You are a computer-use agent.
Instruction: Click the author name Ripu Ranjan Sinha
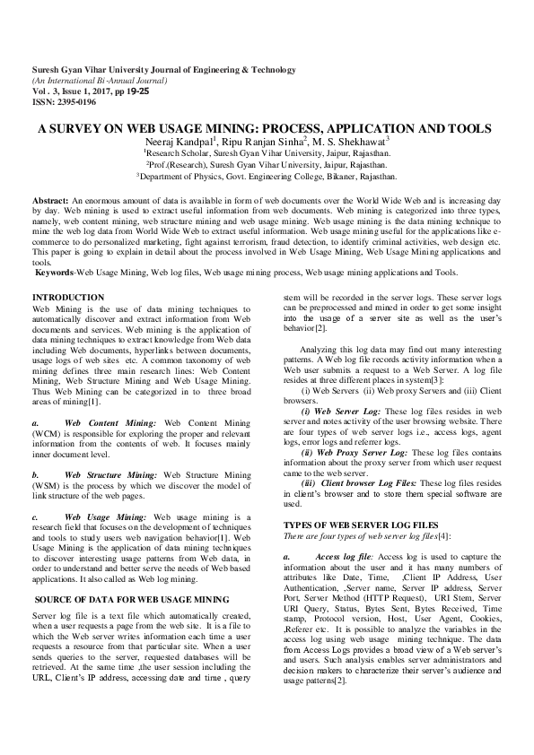coord(267,141)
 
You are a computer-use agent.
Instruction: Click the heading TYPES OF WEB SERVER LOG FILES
coord(361,523)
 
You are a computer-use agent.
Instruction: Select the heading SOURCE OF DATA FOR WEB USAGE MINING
coord(132,598)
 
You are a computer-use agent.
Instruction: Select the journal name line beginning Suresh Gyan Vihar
coord(163,69)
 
